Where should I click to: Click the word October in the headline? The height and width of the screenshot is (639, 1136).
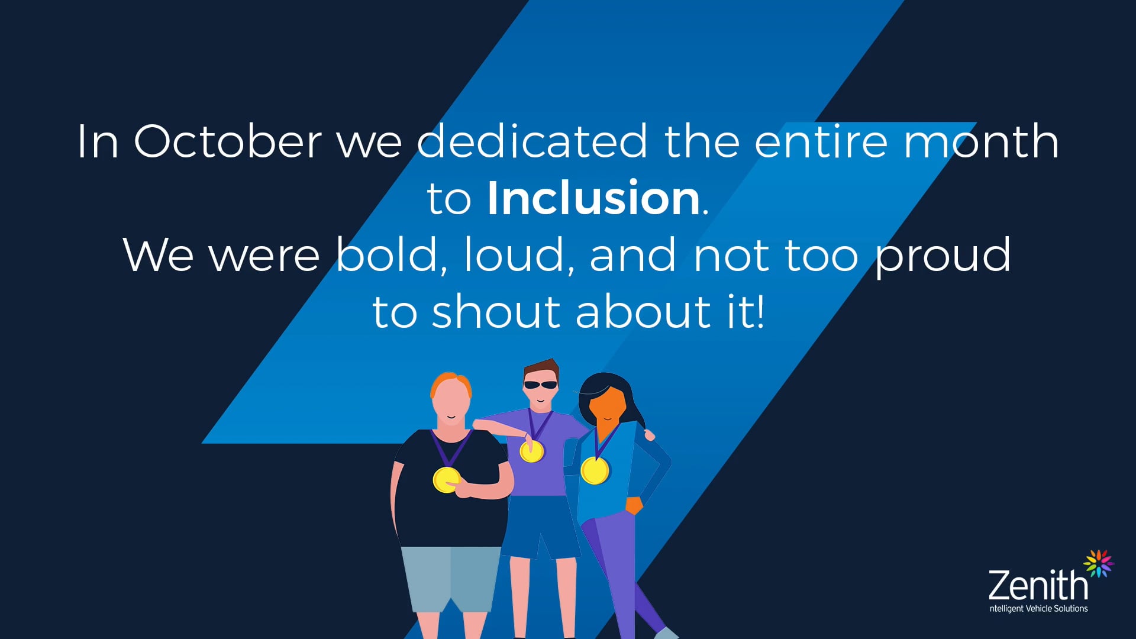[228, 142]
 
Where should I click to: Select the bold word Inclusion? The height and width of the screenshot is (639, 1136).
[593, 198]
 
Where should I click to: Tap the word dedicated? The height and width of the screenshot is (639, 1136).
[532, 142]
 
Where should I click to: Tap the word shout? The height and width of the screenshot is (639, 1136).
[496, 312]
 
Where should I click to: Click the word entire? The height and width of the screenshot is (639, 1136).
[821, 142]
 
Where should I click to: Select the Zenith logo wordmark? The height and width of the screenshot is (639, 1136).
[1038, 585]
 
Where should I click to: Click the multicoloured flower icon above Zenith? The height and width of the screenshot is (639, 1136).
[1098, 563]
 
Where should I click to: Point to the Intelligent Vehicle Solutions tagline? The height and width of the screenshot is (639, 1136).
[1038, 609]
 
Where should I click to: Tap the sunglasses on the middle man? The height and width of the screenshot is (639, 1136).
[540, 385]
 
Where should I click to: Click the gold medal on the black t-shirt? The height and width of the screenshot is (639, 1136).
[446, 479]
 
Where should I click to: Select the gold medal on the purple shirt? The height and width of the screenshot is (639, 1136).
[531, 451]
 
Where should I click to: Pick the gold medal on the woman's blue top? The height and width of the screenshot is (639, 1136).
[594, 470]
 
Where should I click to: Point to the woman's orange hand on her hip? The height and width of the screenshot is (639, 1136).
[634, 505]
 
